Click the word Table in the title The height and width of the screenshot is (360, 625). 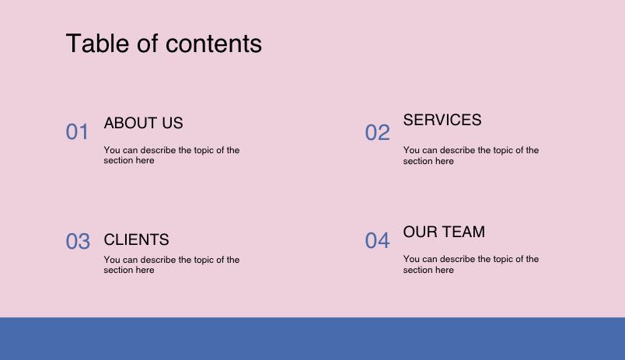[x=98, y=43]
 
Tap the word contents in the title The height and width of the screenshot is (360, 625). [x=214, y=44]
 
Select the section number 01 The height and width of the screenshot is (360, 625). [x=77, y=132]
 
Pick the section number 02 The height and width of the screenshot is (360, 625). [x=378, y=132]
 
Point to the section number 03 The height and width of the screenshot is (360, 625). [x=78, y=241]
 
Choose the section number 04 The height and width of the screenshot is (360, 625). [x=377, y=240]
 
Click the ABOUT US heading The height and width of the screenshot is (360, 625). [x=144, y=123]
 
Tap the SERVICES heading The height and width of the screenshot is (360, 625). [x=442, y=120]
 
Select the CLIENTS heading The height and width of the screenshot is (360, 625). [x=136, y=239]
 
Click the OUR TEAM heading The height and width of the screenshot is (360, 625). [x=444, y=232]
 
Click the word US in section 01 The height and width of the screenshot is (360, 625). [x=173, y=123]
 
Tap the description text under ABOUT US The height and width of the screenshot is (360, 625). [x=172, y=155]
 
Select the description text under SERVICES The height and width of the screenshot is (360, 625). [x=471, y=156]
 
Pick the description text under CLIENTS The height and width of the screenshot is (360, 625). [x=172, y=264]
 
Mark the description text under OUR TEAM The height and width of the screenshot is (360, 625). [x=471, y=264]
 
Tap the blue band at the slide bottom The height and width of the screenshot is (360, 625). [x=312, y=339]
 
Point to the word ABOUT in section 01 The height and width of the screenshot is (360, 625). [x=131, y=123]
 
